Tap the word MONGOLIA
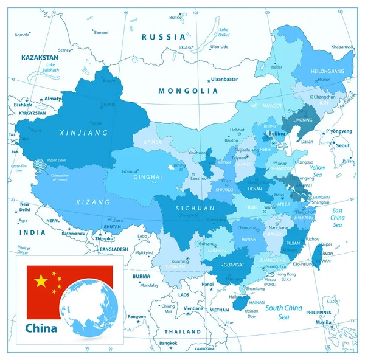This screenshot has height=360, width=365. coord(187,91)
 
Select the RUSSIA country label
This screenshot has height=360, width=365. coord(163,37)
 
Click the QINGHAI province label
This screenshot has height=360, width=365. coord(148,178)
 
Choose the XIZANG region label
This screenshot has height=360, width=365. coord(92,201)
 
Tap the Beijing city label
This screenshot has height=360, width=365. coord(277,133)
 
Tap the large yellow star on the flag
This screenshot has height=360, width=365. coord(41,280)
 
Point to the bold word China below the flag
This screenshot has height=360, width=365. coord(41,328)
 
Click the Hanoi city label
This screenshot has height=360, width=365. coord(208,284)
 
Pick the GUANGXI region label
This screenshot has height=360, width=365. coord(234,265)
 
